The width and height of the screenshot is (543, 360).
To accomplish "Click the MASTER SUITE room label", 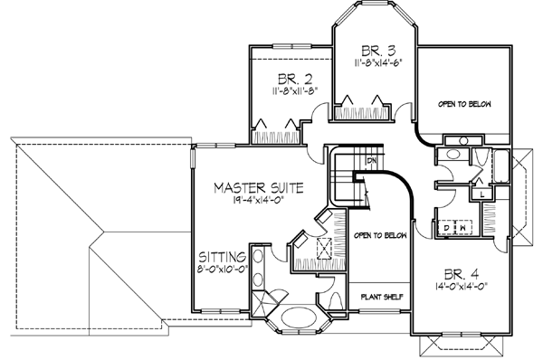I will tap(258, 187).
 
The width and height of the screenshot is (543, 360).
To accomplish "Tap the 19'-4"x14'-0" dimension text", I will tap(258, 202).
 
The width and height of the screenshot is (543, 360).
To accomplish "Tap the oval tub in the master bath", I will tap(296, 319).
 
